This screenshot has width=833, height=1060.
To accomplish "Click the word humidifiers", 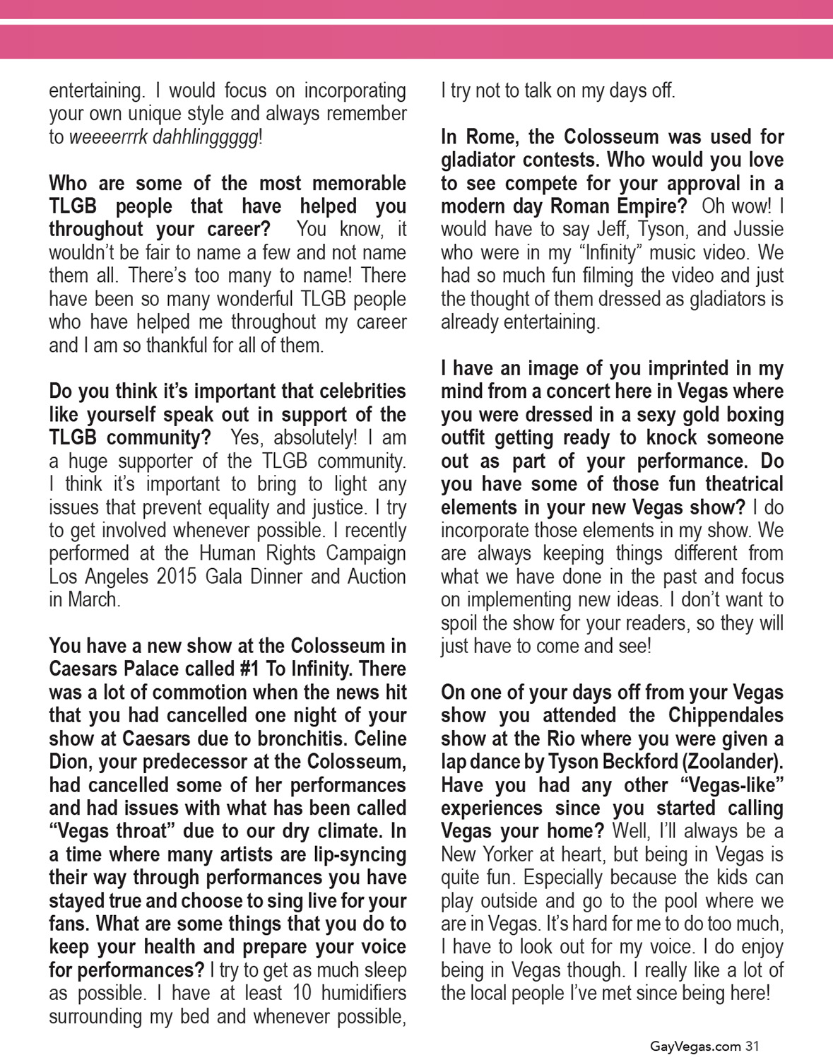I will point(364,994).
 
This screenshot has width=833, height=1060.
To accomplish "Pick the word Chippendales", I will point(726,716).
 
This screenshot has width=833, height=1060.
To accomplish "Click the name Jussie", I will point(758,230).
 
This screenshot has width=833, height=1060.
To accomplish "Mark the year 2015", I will point(177,577).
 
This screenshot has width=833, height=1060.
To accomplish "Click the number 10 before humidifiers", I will point(302,994).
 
